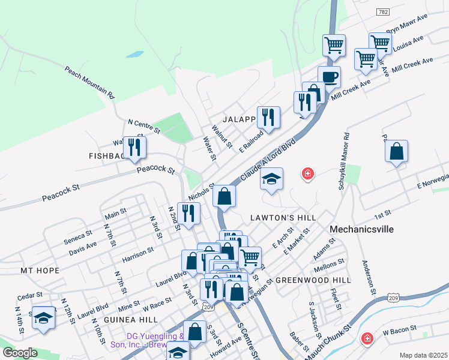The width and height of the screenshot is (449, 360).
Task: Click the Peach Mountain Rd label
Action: coord(89,82)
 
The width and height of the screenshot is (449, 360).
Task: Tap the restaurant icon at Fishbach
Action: coord(134,147)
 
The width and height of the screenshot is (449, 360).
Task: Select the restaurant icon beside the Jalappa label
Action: coord(268,117)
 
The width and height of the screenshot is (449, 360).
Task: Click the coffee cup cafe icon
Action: coord(329,77)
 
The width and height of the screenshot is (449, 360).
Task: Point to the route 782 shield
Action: coord(382,12)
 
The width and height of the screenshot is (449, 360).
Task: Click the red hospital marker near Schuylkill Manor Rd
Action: coord(308,174)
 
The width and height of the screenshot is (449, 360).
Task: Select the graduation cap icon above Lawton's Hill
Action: coord(271,178)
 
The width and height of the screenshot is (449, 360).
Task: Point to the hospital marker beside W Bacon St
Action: coord(366,339)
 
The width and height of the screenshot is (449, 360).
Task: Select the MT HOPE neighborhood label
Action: coord(40,271)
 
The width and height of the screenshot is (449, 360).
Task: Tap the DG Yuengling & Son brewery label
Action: coord(147,340)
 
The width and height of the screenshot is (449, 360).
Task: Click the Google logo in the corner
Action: coord(20,353)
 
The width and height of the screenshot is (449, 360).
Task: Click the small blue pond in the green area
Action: coord(136,54)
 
